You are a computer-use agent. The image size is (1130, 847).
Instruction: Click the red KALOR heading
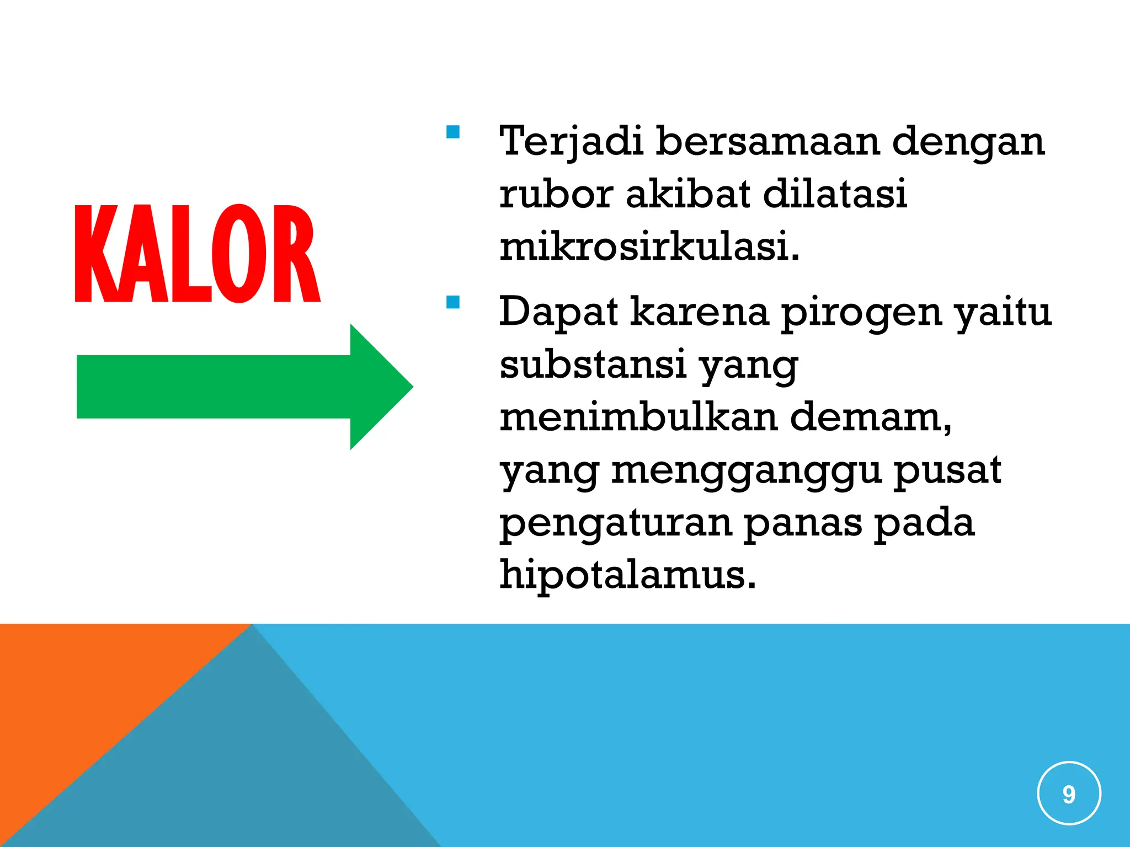click(x=197, y=254)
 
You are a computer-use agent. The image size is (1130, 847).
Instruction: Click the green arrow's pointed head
click(x=381, y=387)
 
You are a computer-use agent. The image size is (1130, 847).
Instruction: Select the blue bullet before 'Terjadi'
click(x=453, y=132)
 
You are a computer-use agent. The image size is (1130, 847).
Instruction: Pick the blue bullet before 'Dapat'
click(x=453, y=302)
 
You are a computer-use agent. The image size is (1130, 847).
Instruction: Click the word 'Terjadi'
click(x=571, y=141)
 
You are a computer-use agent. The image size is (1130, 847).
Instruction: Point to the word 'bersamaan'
click(x=767, y=141)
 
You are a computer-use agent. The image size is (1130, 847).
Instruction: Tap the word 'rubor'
click(x=556, y=194)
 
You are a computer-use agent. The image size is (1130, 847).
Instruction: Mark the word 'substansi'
click(x=593, y=364)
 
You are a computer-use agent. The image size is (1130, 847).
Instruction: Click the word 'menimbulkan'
click(x=639, y=417)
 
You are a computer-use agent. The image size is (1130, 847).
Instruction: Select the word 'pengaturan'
click(x=615, y=523)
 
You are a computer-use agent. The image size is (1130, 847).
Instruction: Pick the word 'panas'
click(x=803, y=523)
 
